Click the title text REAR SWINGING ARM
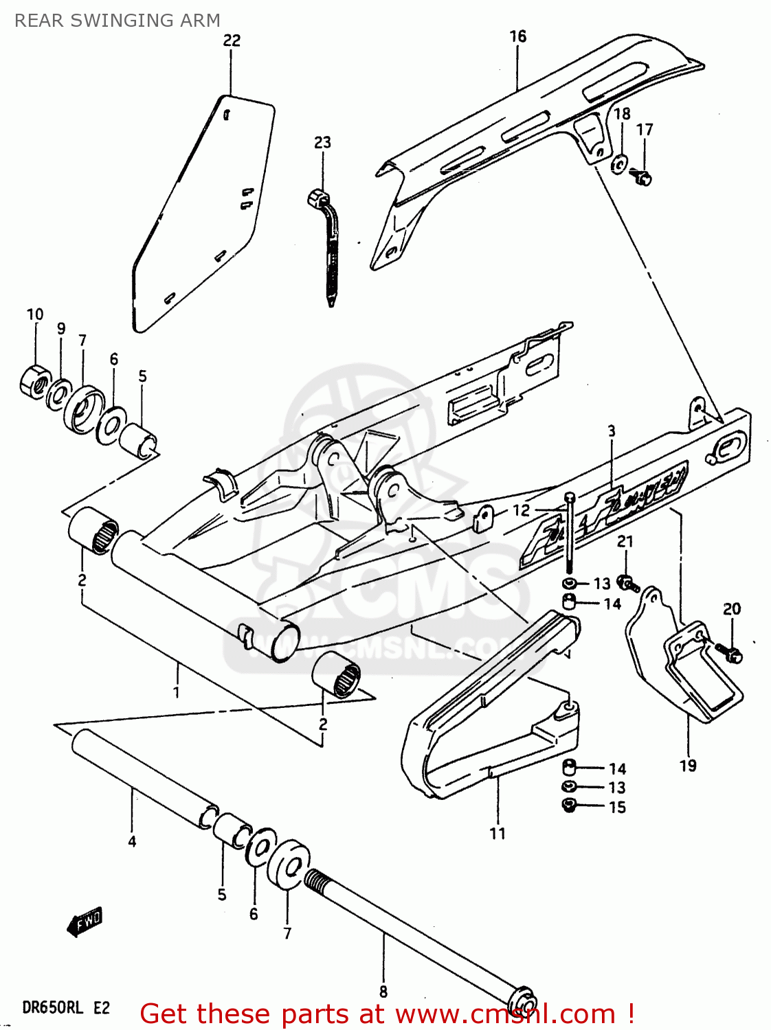118,21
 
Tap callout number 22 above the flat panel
232,41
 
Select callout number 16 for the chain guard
517,36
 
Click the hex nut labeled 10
34,381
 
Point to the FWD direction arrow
85,922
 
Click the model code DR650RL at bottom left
53,1008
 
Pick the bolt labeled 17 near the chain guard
642,178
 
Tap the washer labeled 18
619,164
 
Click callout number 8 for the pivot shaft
383,992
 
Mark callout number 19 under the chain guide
688,766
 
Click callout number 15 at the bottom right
617,808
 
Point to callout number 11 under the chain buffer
498,834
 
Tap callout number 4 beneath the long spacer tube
132,841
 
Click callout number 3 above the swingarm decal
612,431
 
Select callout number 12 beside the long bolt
522,510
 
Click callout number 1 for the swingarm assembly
177,691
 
